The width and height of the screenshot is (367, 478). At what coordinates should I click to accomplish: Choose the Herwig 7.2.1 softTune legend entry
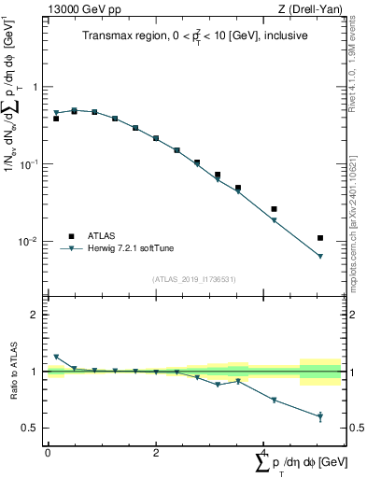coord(130,248)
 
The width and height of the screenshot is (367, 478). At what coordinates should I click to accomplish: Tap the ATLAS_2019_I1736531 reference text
coord(193,279)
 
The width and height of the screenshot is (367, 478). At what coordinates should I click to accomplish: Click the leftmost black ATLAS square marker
coord(56,119)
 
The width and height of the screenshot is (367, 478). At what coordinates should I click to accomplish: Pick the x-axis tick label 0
coord(48,453)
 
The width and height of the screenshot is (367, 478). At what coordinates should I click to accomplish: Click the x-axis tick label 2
coord(156,453)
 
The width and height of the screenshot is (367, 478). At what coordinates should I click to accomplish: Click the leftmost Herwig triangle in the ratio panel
coord(56,357)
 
